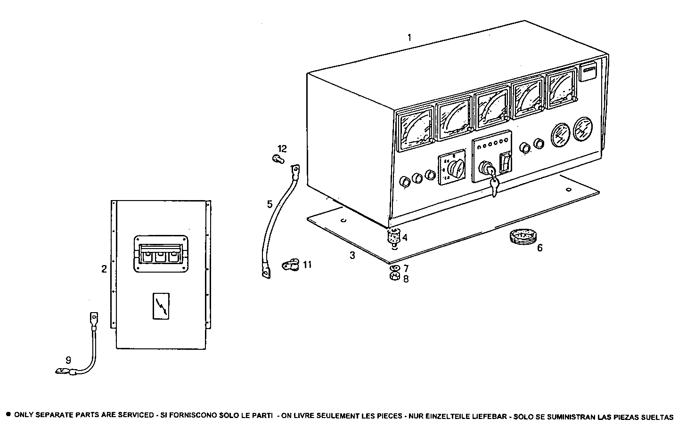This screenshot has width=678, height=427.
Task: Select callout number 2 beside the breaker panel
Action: click(x=104, y=269)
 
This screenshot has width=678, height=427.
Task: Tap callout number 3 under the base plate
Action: click(x=352, y=256)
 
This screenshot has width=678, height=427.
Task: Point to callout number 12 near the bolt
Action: click(x=282, y=149)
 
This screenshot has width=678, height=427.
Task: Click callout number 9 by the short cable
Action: click(x=68, y=360)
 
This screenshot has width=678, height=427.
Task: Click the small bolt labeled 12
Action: click(x=278, y=159)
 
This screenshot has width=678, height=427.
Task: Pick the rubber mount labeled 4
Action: click(x=392, y=235)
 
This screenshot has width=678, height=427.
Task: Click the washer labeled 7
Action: click(x=395, y=268)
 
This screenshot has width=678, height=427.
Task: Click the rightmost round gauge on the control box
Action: click(x=583, y=129)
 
